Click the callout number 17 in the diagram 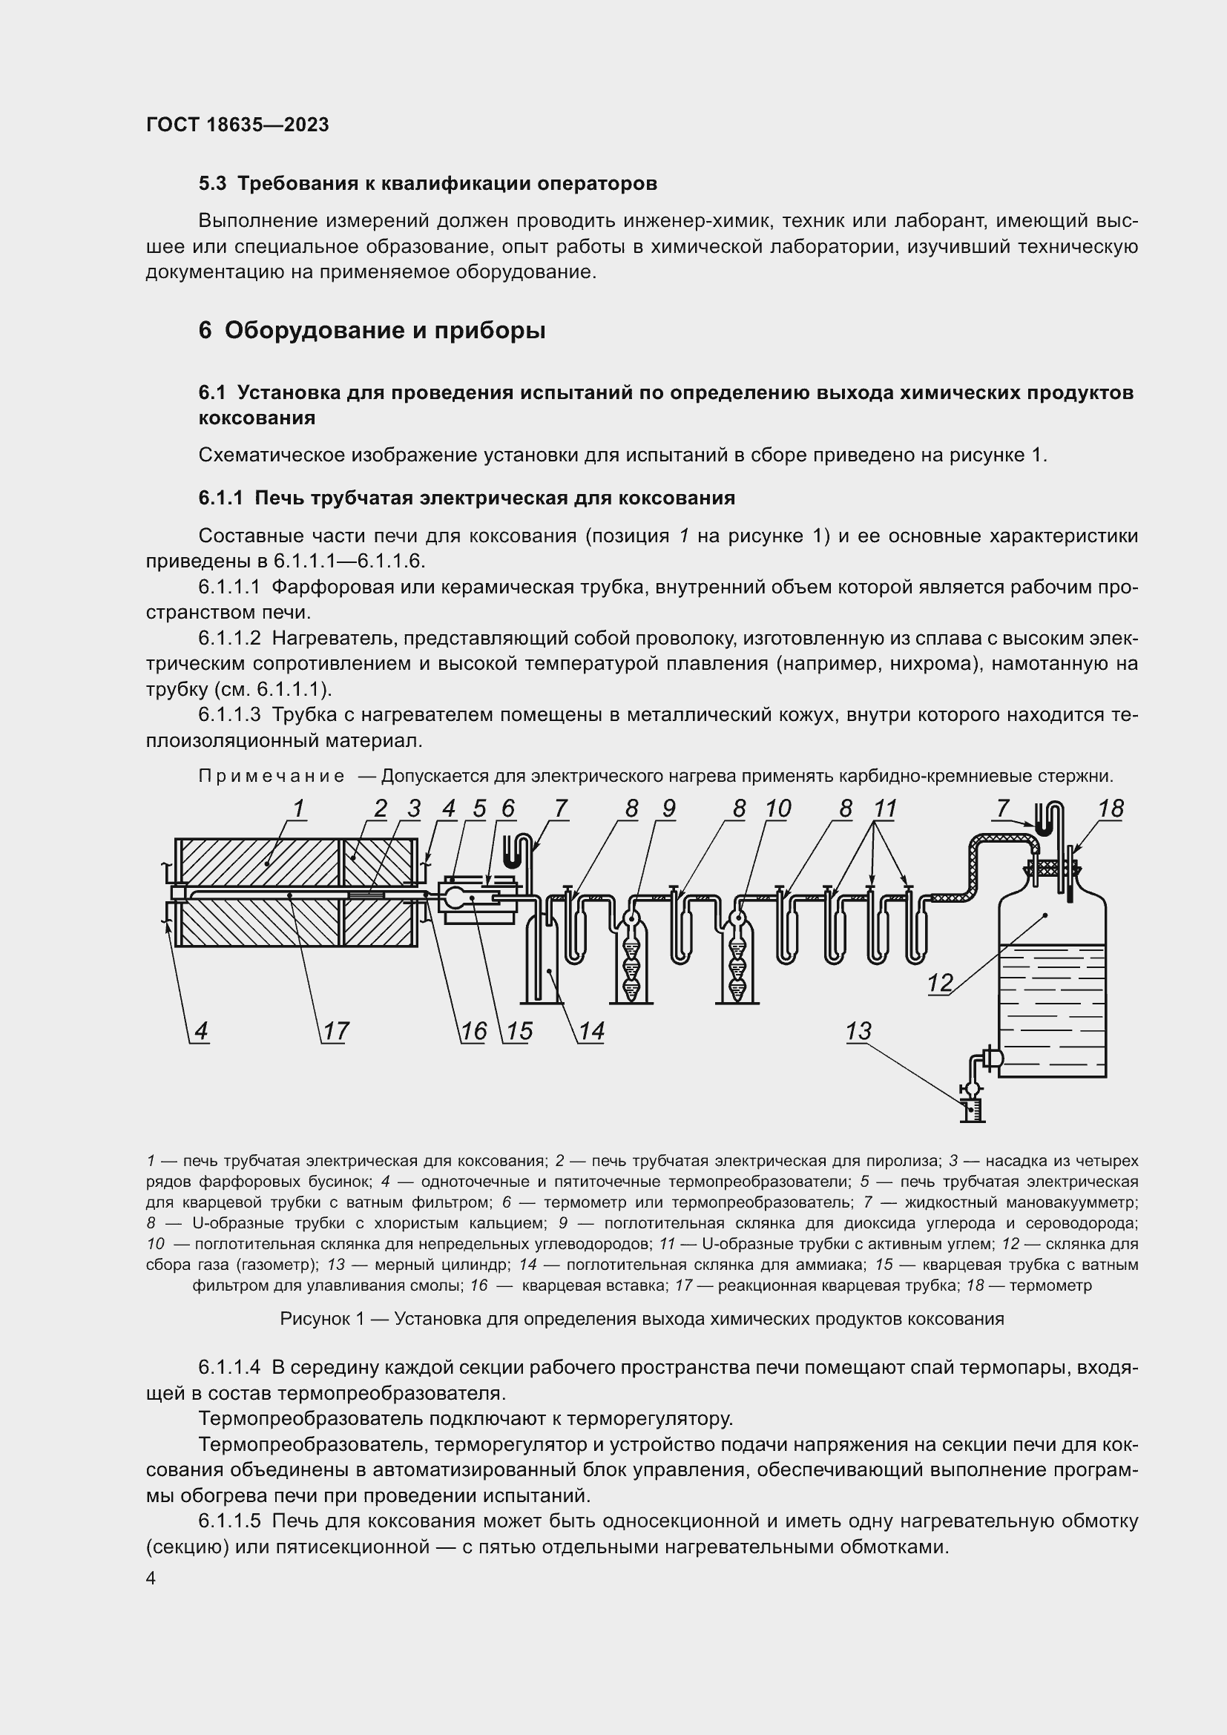pos(336,1032)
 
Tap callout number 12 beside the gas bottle pos(940,983)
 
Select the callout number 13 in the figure pos(859,1031)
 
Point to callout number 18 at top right pos(1111,809)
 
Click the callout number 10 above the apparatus pos(777,809)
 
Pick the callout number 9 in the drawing pos(668,809)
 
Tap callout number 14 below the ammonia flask pos(591,1032)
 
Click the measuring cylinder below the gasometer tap pos(971,1111)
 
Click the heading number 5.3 pos(212,184)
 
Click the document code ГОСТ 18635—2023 pos(237,125)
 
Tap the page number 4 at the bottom pos(151,1578)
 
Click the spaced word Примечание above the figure pos(272,776)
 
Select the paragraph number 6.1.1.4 pos(229,1367)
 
